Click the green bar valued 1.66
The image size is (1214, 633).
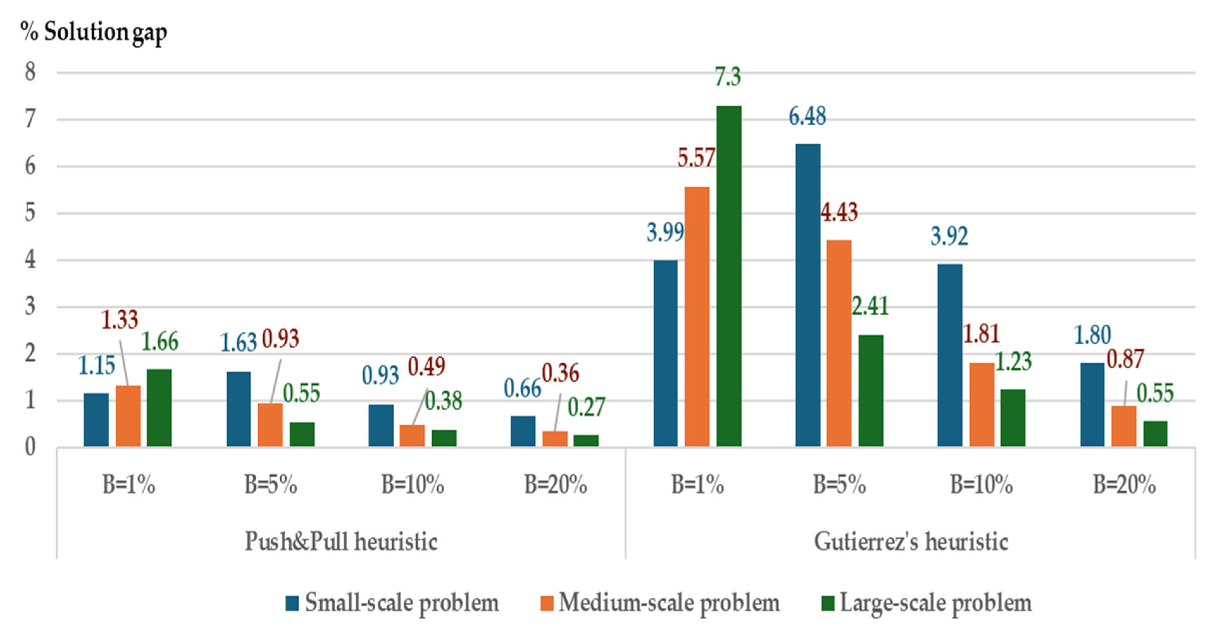[x=159, y=407]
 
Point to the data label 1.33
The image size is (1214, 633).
[x=120, y=320]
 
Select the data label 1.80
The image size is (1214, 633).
[x=1093, y=335]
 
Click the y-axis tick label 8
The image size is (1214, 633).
[x=30, y=72]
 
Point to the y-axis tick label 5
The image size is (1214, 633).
[x=30, y=213]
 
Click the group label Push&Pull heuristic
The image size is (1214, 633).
[x=341, y=541]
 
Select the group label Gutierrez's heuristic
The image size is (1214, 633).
[x=911, y=541]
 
